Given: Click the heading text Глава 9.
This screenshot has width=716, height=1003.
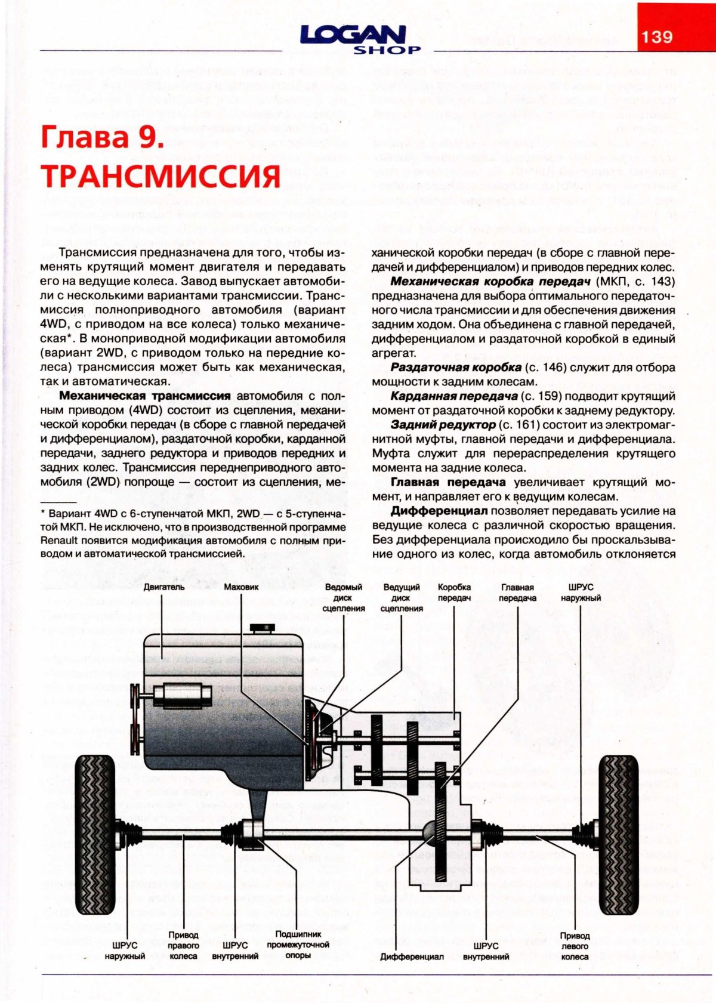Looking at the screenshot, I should point(101,137).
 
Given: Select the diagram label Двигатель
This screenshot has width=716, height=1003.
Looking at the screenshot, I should point(164,587).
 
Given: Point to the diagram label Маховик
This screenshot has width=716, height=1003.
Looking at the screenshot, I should point(241,587).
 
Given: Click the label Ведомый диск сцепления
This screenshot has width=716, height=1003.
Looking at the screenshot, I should point(343,598).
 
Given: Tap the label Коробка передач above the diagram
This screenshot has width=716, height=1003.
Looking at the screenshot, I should point(454,592).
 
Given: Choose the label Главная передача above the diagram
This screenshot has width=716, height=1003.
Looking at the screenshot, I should point(517,592).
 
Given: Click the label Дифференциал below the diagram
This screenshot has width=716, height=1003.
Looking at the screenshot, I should point(412,956).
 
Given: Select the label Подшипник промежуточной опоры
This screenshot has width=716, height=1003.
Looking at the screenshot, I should point(298,945).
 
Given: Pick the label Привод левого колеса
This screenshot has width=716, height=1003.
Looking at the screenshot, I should point(575,946).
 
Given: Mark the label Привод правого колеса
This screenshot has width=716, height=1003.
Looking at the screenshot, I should point(183,945).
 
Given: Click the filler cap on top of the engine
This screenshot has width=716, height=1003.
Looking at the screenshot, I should point(262,628).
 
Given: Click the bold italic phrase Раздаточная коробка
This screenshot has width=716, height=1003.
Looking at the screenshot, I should point(456,368).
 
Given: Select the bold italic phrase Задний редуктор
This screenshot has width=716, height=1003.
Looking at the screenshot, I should point(443,425).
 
